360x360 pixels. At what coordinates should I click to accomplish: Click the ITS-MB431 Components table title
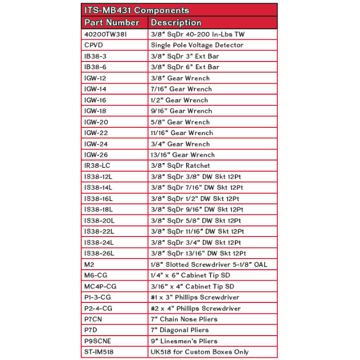coord(136,11)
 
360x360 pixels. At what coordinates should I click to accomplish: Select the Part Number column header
coord(111,23)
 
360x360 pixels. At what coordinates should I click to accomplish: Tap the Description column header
coord(176,23)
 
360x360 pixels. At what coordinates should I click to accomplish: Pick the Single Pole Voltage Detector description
coord(197,45)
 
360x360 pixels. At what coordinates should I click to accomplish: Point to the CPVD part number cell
coord(94,45)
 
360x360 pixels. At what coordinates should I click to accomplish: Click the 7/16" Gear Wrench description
coord(181,89)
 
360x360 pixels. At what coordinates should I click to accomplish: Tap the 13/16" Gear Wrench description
coord(183,155)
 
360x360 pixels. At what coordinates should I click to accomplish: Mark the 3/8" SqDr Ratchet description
coord(180,166)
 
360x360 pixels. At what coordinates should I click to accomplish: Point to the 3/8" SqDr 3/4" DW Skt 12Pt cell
coord(196,243)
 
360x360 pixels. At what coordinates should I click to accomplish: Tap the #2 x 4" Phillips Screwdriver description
coord(196,308)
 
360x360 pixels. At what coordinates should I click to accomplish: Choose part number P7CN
coord(94,319)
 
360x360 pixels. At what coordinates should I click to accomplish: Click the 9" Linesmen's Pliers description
coord(185,341)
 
